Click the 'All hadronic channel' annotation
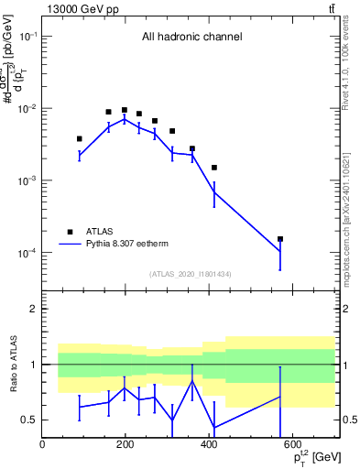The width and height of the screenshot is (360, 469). (x=191, y=38)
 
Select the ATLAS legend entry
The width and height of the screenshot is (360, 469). (x=99, y=232)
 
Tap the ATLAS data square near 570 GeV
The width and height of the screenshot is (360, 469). (x=280, y=239)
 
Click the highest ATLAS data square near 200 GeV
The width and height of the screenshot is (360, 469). (x=125, y=110)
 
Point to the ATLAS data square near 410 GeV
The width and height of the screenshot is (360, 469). (x=213, y=168)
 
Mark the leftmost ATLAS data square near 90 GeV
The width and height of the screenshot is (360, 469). (x=80, y=139)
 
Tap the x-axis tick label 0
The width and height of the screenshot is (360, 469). (x=43, y=445)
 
